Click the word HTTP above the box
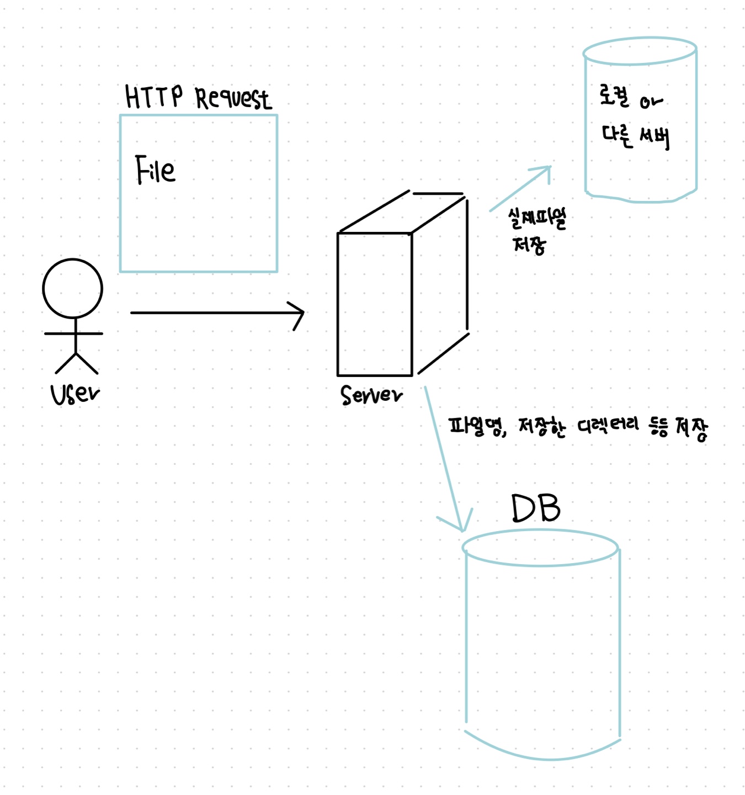153,97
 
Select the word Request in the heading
233,99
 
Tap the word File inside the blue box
155,169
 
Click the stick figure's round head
73,288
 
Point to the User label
75,394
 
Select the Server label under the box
371,395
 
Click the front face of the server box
375,304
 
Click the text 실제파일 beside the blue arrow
537,219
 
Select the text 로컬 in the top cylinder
614,97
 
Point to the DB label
535,508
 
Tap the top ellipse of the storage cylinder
640,51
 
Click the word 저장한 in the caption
542,427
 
